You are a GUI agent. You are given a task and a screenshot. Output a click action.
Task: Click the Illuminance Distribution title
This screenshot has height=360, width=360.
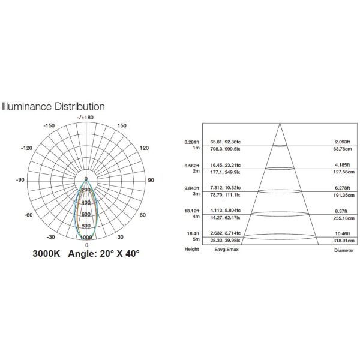tap(53, 106)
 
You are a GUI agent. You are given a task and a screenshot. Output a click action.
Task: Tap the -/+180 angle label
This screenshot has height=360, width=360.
tap(86, 118)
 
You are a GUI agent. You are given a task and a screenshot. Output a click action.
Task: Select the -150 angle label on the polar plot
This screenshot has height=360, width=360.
tap(49, 125)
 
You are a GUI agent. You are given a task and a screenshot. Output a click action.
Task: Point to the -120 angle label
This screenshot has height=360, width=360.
tap(26, 148)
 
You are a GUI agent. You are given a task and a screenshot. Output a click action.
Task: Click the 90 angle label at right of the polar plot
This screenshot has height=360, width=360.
tap(151, 180)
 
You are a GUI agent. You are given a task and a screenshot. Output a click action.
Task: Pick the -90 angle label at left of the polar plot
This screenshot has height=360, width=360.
tap(20, 180)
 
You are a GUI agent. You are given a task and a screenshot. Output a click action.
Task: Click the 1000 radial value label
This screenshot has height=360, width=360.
tap(86, 238)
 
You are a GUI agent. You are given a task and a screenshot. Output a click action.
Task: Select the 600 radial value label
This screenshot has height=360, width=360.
tap(86, 214)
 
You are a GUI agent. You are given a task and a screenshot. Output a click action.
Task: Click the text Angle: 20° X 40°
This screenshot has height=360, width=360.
tap(106, 254)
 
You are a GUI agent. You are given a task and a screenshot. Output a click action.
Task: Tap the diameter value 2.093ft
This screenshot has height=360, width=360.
tap(343, 141)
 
